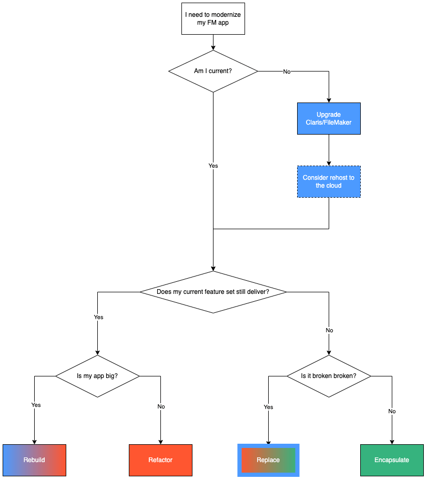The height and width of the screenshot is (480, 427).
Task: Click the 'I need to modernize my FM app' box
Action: click(213, 19)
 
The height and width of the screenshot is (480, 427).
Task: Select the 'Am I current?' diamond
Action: click(213, 71)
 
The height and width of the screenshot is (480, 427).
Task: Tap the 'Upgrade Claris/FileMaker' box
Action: click(329, 118)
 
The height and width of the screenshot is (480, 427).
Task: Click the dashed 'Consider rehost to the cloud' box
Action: click(329, 181)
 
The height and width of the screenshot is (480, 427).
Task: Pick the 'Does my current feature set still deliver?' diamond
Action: click(213, 292)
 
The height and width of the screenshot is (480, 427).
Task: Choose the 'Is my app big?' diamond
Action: click(97, 376)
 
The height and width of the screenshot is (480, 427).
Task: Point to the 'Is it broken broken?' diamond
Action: click(329, 376)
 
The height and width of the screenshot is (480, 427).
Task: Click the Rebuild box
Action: click(34, 460)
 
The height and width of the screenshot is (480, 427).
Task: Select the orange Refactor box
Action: click(160, 460)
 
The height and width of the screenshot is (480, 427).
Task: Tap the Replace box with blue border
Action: click(268, 460)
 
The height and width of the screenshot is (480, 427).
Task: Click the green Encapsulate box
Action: click(392, 460)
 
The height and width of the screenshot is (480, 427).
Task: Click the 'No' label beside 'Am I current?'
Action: click(287, 72)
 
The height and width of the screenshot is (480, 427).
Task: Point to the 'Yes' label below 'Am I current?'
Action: click(213, 166)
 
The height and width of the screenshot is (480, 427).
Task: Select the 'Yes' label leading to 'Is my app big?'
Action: click(98, 318)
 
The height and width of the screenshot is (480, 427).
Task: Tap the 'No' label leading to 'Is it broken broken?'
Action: click(329, 330)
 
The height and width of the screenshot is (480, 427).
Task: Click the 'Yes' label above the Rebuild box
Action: click(36, 405)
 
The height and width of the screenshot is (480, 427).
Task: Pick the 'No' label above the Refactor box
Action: click(161, 406)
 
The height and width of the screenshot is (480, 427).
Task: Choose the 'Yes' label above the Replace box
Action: click(268, 407)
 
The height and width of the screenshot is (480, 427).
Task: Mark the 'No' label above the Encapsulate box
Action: click(392, 411)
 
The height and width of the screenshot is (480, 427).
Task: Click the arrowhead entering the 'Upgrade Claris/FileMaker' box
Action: click(329, 100)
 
